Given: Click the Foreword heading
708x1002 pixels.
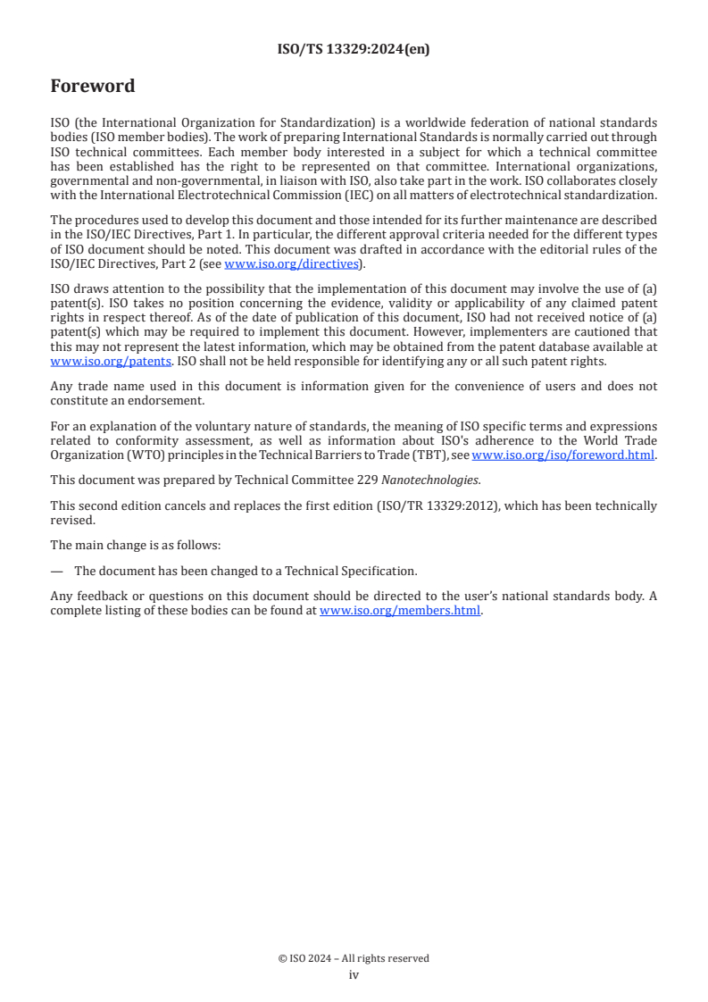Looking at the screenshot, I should [x=93, y=87].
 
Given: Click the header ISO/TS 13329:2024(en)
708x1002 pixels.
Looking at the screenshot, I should [x=354, y=50].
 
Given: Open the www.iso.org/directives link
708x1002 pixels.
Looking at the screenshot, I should [x=290, y=263].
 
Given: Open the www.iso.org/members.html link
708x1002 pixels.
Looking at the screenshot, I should [x=400, y=611].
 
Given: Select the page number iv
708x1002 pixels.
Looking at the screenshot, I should [x=354, y=974].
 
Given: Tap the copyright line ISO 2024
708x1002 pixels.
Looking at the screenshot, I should [x=354, y=958].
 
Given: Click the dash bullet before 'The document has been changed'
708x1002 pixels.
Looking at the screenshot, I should [x=57, y=571].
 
